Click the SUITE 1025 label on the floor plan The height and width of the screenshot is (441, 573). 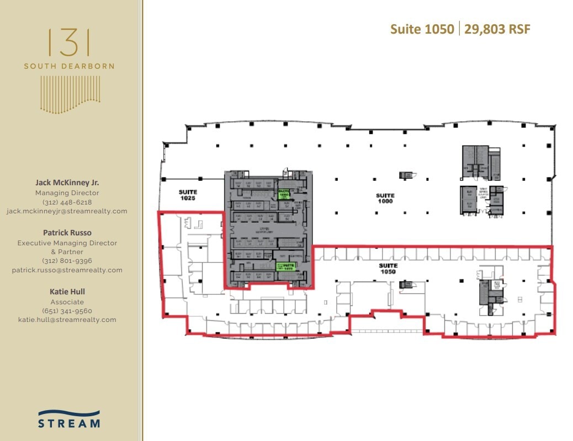(188, 195)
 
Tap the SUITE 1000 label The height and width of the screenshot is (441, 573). (385, 198)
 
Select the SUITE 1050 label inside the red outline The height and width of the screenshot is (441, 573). (388, 268)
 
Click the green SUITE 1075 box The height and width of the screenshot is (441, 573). (286, 266)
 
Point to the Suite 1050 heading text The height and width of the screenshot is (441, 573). (422, 29)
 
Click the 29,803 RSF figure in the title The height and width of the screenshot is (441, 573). (497, 29)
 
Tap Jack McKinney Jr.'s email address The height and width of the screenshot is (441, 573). (67, 211)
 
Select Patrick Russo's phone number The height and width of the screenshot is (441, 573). (67, 261)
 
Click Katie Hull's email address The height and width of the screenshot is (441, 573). (67, 320)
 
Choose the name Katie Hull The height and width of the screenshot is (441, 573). (67, 292)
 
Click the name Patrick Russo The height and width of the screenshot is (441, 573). (67, 233)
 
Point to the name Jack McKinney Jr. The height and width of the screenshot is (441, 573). (67, 182)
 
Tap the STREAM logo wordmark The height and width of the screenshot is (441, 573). (69, 423)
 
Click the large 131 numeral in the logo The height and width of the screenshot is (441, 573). (69, 42)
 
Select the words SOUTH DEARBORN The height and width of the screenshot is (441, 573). (69, 66)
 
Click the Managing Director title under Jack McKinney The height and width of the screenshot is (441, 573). (67, 193)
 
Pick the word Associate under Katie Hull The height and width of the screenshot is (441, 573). (67, 302)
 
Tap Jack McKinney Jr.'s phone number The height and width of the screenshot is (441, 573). (67, 202)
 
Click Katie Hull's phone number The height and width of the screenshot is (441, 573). (67, 311)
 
